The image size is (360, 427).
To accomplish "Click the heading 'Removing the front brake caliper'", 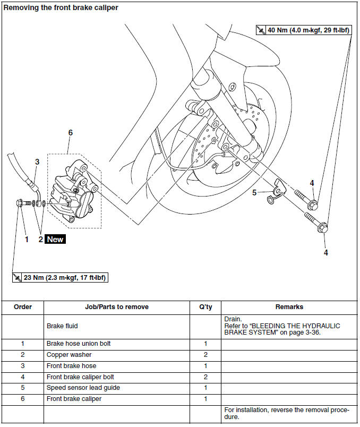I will coord(61,8).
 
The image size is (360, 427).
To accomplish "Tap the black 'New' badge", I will coord(55,240).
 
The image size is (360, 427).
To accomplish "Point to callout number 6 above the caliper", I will coord(70,133).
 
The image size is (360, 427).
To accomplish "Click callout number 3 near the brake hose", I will coord(37,161).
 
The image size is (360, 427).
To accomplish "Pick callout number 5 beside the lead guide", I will coord(254,193).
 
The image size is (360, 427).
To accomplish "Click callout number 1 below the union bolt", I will coord(26,240).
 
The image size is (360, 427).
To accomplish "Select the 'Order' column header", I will coord(23,307).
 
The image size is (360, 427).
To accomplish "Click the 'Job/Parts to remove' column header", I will coord(116,307).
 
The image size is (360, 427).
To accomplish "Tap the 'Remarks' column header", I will coord(289,307).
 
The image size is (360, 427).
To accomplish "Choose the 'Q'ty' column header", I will coord(205,307).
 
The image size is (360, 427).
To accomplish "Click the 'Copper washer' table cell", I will coord(69,354).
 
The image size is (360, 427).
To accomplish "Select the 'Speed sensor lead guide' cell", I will coord(83,387).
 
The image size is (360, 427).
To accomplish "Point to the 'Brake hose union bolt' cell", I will coord(78,344).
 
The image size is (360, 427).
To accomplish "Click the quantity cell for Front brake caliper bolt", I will coord(205,377).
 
